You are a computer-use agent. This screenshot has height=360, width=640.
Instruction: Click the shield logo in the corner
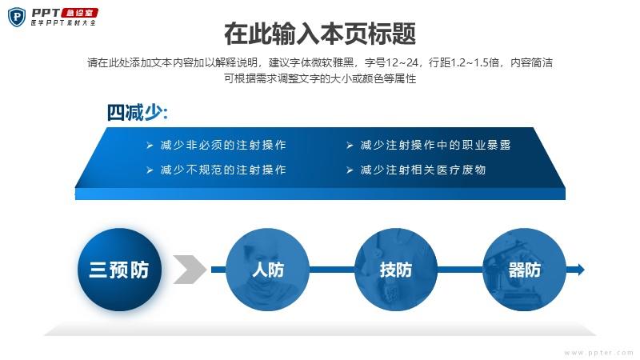pos(17,17)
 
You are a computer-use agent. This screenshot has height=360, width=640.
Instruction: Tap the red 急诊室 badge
pos(79,13)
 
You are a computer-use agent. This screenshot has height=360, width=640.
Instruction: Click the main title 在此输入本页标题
pos(320,34)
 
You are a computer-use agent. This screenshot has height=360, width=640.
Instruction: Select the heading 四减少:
pos(137,113)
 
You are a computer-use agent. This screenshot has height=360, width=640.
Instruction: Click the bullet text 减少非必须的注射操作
pos(223,145)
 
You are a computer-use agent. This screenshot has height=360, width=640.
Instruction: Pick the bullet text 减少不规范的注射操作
pos(223,170)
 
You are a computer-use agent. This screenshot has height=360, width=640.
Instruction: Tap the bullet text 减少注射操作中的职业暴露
pos(435,145)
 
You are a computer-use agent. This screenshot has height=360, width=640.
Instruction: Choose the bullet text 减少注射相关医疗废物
pos(423,170)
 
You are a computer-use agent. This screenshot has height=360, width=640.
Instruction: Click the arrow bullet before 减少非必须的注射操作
pos(150,146)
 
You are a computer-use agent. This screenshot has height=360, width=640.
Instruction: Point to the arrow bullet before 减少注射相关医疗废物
pos(350,170)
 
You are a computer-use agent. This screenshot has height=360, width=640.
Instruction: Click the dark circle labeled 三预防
pos(119,270)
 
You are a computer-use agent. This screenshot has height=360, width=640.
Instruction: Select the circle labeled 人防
pos(267,270)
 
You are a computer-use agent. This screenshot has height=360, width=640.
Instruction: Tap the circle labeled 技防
pos(396,270)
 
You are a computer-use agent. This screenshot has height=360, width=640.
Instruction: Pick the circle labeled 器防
pos(525,270)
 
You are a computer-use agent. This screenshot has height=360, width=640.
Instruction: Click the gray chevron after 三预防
pos(190,270)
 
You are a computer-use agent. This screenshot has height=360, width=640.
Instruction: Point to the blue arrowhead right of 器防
pos(580,270)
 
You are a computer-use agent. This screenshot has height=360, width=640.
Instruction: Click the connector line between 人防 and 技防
pos(332,270)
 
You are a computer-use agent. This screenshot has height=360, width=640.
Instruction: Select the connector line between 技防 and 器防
pos(461,270)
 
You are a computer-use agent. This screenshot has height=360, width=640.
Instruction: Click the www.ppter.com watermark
pos(598,353)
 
